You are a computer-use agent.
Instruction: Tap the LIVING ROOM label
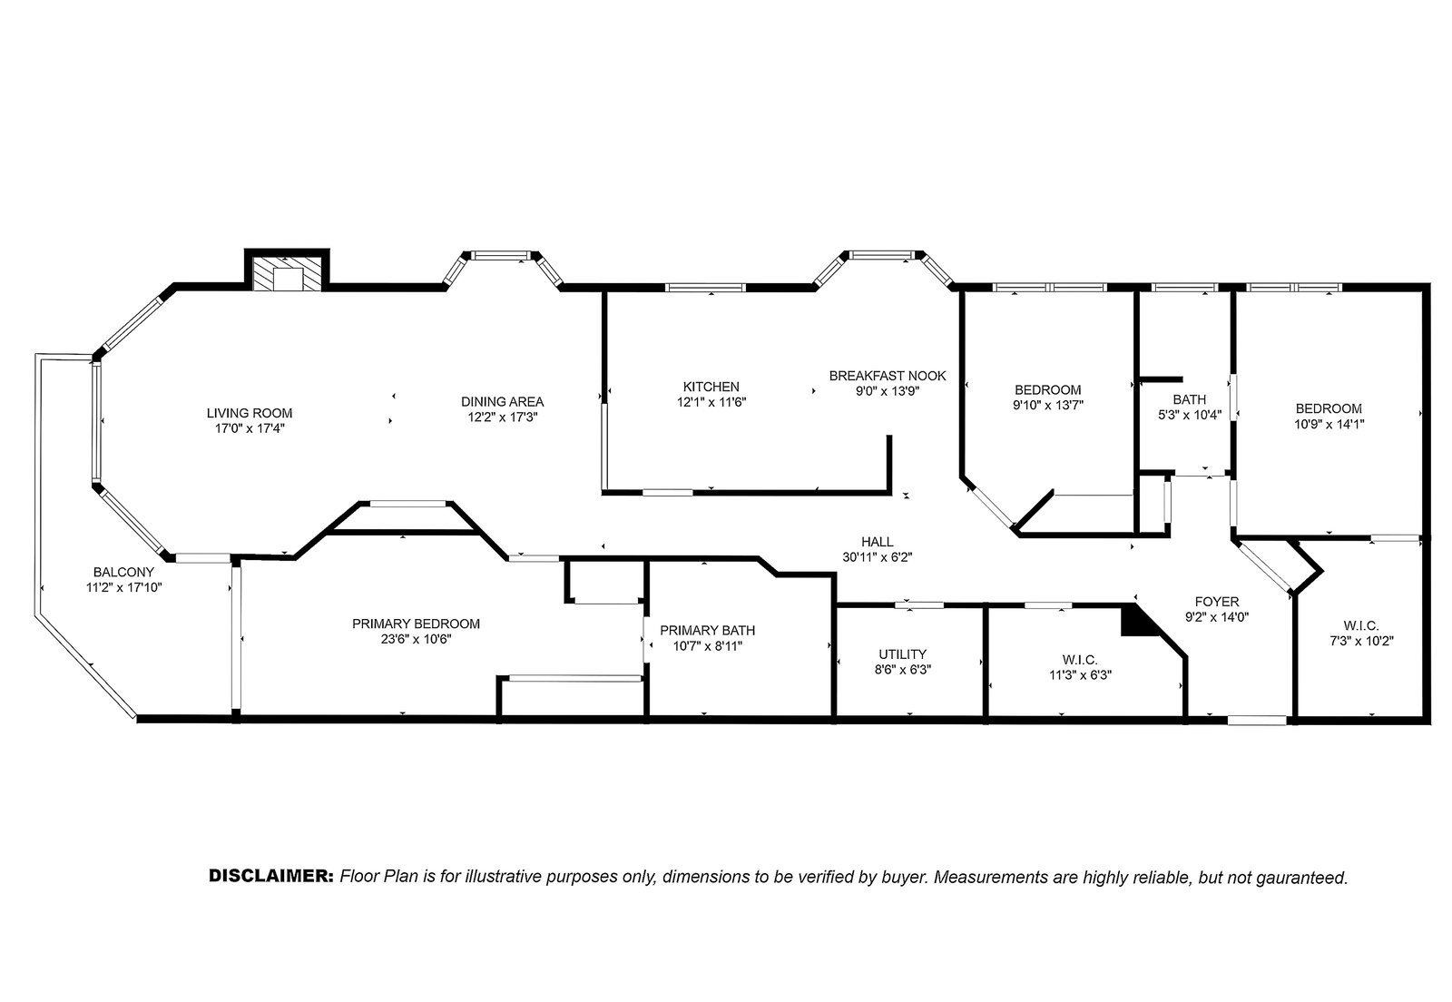[250, 413]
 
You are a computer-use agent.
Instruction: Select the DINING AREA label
[503, 402]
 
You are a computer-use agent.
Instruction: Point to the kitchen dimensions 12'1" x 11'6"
[711, 402]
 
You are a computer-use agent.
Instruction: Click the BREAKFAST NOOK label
[888, 375]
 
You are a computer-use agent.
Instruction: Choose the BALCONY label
[123, 573]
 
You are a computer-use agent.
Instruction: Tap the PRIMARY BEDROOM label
[417, 624]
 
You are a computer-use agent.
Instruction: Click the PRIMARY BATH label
[707, 630]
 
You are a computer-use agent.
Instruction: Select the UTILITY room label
[902, 654]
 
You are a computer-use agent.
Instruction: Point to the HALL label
[877, 542]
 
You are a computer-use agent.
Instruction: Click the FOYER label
[1217, 602]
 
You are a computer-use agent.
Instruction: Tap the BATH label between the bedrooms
[1190, 399]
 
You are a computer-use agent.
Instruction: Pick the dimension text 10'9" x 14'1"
[1329, 425]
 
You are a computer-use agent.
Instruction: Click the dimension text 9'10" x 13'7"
[1048, 406]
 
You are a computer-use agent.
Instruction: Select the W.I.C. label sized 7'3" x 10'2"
[1361, 625]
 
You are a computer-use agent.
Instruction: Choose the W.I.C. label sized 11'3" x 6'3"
[1080, 660]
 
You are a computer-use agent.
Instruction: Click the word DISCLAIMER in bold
[271, 876]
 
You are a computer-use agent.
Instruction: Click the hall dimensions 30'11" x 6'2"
[877, 557]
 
